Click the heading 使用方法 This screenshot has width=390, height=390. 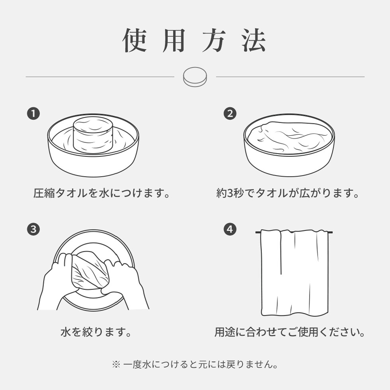coord(195,40)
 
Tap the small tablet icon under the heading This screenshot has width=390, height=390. coord(195,76)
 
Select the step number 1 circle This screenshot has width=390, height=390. coord(33,114)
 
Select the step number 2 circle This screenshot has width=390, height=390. coord(230,114)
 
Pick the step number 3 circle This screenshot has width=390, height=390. coord(33,229)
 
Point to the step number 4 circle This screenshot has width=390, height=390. coord(230,229)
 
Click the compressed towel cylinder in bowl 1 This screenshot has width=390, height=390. coord(93,135)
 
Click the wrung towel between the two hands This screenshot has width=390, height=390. coord(90,270)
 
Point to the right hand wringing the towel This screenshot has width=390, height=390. coord(124,283)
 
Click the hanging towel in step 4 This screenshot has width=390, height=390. coord(294,273)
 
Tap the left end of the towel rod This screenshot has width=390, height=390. coord(256,232)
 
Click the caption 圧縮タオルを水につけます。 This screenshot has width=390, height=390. coord(102,193)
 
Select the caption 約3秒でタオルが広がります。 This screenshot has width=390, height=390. coord(288,193)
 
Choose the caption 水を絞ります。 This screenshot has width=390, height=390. coord(96,332)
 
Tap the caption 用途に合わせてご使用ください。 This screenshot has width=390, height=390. coord(290,332)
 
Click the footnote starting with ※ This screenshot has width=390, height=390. coord(195,365)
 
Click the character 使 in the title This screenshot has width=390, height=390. coord(135,40)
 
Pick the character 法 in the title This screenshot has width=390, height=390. coord(254,40)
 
